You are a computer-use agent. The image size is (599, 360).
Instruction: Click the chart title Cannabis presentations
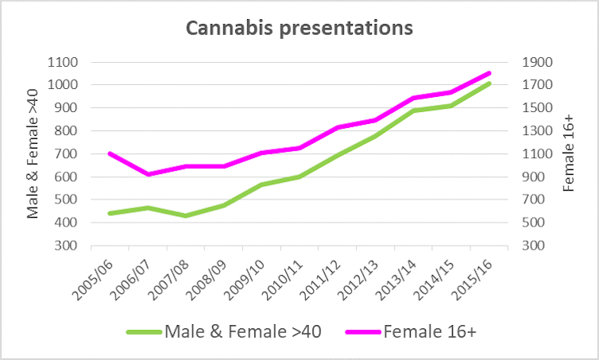tap(299, 29)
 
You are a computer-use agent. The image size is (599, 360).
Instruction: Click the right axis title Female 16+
tap(567, 153)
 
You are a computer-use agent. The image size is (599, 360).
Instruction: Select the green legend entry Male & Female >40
tap(223, 332)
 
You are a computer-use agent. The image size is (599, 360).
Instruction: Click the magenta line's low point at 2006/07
tap(147, 174)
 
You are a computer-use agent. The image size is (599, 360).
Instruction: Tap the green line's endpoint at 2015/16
tap(489, 83)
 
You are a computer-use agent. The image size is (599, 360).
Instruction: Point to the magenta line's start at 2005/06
tap(109, 153)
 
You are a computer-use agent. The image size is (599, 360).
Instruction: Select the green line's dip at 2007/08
tap(185, 215)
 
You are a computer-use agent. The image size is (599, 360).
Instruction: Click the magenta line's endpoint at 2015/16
tap(489, 73)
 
